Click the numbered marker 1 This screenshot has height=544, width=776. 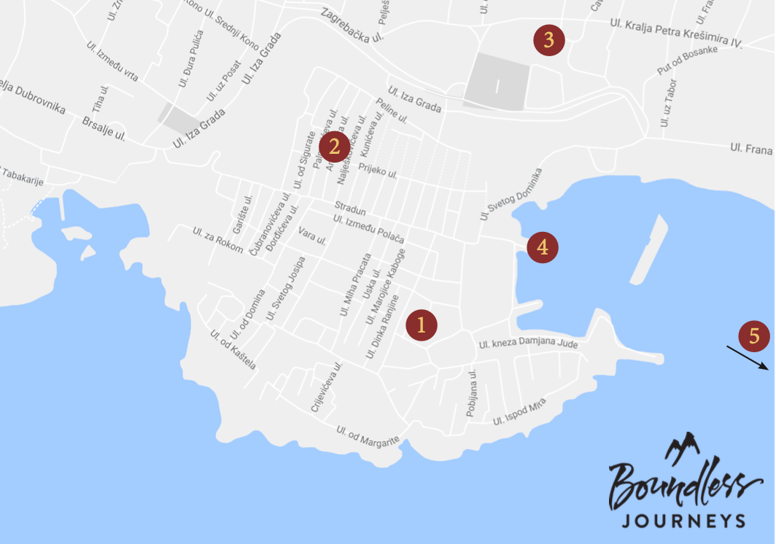point(422,325)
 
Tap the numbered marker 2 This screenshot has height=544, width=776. point(334,147)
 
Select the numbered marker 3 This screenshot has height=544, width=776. point(548,41)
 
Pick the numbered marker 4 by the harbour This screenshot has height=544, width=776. point(542,247)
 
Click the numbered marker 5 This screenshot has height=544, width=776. point(754,336)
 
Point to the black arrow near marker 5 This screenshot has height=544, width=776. point(748,357)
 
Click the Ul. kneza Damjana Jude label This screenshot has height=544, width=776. point(528,347)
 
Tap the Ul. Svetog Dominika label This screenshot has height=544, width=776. point(511,194)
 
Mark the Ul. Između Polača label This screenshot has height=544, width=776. point(368,230)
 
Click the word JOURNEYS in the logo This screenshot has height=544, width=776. point(683,520)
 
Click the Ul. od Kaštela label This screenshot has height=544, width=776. point(233,349)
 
